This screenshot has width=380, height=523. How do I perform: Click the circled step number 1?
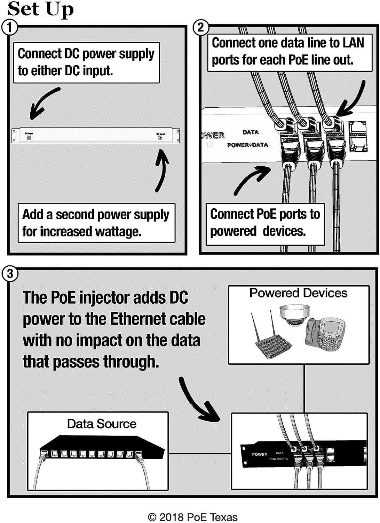pos(10,28)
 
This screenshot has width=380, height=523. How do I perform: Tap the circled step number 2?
pos(201,28)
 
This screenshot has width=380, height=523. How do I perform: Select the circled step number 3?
pos(10,274)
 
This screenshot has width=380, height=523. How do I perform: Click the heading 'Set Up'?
pos(40,9)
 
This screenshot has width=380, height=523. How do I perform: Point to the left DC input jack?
pos(29,137)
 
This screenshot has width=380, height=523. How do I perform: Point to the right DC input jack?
pos(160,137)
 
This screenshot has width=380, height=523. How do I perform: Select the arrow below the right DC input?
pos(161,170)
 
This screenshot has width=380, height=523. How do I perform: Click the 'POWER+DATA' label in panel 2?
pos(247,145)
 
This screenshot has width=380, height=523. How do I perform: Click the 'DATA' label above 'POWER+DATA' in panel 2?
pos(251,132)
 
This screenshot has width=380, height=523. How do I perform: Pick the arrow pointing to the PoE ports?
pos(252,180)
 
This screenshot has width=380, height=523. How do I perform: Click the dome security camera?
pos(294,315)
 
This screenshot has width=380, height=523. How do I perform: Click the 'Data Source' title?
pos(102,424)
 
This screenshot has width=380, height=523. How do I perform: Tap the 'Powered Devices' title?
pos(298,293)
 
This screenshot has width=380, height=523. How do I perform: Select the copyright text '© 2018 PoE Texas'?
pos(193,517)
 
